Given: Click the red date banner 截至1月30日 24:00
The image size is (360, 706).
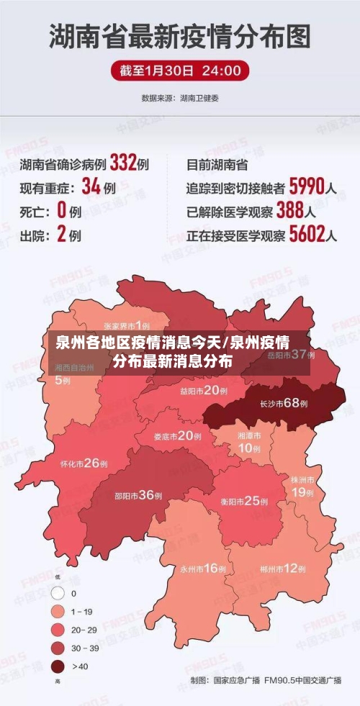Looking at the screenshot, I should (180, 71).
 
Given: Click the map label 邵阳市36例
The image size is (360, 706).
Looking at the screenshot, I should (139, 495).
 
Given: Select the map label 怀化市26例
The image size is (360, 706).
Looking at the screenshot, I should (84, 463).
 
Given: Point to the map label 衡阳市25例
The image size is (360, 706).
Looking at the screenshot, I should (242, 501).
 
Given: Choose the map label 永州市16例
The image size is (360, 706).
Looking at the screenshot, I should (203, 569).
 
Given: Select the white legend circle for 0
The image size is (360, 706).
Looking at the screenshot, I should (58, 594).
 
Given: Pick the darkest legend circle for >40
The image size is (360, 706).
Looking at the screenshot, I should (58, 666).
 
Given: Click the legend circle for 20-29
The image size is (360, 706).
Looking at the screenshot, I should (58, 630).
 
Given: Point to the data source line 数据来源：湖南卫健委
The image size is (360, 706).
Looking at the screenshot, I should (180, 97).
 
